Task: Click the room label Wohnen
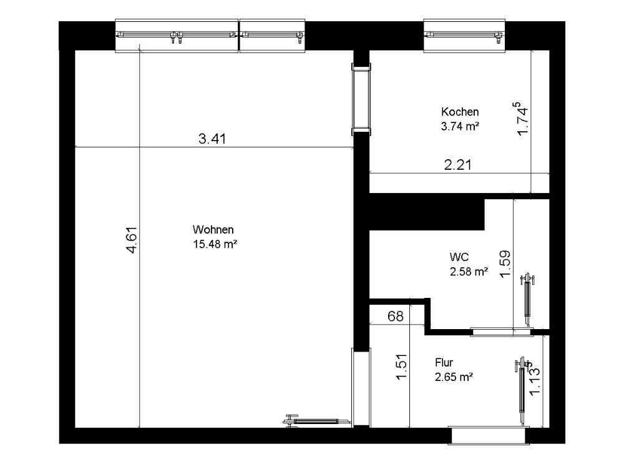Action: click(x=213, y=229)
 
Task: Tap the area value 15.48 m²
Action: click(x=215, y=244)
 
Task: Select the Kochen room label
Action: click(x=460, y=112)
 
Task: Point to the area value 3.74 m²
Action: click(x=460, y=126)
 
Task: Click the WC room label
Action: click(x=459, y=257)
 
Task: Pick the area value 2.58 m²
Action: click(x=469, y=272)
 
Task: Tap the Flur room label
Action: click(x=444, y=362)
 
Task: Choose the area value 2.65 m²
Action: click(x=454, y=377)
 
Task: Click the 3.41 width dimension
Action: click(x=212, y=139)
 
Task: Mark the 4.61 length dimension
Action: click(x=131, y=240)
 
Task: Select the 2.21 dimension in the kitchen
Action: click(x=457, y=164)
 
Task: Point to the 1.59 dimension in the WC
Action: click(x=505, y=264)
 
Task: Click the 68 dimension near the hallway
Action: click(x=395, y=316)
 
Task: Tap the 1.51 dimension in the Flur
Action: click(x=401, y=367)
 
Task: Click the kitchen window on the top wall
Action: click(x=464, y=36)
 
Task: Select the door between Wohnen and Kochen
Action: click(x=361, y=99)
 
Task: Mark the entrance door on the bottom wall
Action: click(x=489, y=435)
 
